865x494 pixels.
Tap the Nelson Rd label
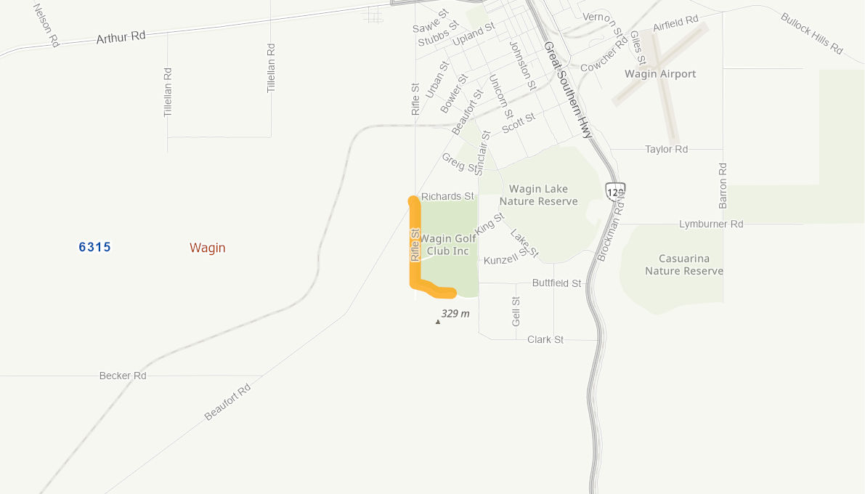click(46, 25)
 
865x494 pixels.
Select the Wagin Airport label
click(660, 74)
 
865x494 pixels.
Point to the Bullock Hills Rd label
click(812, 33)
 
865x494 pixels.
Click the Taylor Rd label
click(666, 150)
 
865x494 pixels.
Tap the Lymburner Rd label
click(711, 224)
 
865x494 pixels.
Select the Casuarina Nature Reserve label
click(684, 265)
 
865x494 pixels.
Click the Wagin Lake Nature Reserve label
click(538, 195)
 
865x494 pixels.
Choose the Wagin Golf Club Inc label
click(448, 245)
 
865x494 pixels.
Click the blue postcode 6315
click(95, 247)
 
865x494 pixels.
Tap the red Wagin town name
click(208, 248)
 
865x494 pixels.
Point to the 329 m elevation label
click(455, 314)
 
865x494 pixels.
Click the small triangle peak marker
click(437, 321)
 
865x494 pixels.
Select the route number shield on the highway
click(614, 192)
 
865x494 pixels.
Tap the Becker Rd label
click(123, 376)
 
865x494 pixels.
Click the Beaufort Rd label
click(227, 402)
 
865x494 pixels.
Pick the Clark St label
click(545, 340)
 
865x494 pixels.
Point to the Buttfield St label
click(556, 283)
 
